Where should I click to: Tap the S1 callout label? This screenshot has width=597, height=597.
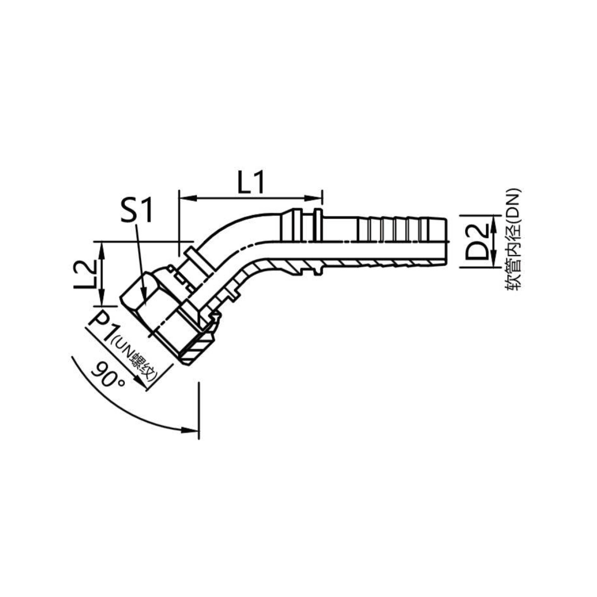(x=136, y=211)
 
